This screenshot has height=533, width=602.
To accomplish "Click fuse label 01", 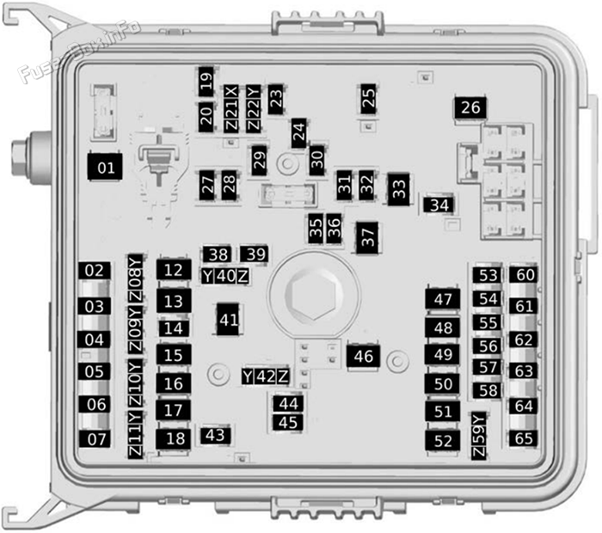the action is coord(105,167).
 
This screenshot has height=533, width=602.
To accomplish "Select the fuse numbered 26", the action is coord(470,107).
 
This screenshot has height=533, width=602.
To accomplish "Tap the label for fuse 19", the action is coord(206,82).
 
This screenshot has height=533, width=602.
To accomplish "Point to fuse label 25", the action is coord(368,99).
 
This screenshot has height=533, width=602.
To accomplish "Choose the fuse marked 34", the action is coord(439,205).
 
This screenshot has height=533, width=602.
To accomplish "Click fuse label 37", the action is coord(367,237).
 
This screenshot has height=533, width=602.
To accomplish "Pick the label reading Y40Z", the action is coord(225,276).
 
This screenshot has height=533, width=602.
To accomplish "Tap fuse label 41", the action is coord(229,319).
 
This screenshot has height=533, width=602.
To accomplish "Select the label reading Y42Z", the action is coord(265,377).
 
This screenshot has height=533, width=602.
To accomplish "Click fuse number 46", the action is coord(363,356).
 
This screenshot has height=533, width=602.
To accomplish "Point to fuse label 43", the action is coord(215,436).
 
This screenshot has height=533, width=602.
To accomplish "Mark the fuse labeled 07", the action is coord(95,439).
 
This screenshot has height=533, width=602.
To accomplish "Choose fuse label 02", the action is coord(95,271).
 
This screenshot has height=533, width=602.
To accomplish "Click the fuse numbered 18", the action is coord(174,438).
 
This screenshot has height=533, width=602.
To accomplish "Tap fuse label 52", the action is coord(443,440).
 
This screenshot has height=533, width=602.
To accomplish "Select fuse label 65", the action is coord(523,438).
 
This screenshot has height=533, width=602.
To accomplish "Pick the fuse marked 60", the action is coord(524,275).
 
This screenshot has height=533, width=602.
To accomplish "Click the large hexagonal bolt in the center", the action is coord(314,295).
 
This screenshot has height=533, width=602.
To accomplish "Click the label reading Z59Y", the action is coord(478,436).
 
